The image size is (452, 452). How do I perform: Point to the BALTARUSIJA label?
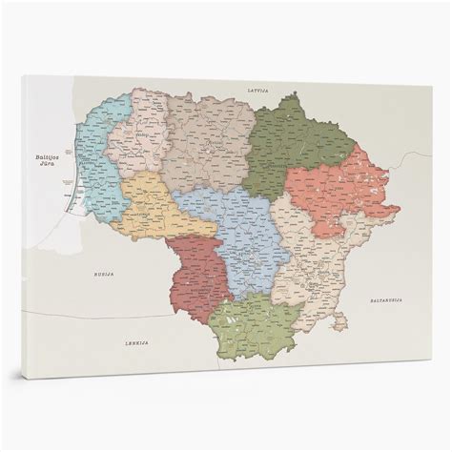[x=388, y=301]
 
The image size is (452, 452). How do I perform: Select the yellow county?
[x=154, y=206]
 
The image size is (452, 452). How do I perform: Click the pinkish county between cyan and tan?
[x=134, y=134]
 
